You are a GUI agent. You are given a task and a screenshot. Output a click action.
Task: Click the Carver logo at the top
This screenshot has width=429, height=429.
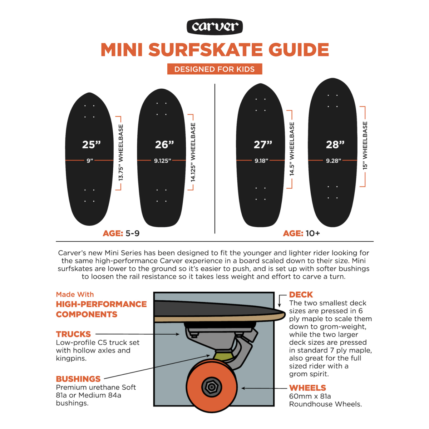(x=214, y=27)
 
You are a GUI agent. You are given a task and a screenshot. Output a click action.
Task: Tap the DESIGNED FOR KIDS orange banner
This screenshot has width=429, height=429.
(x=214, y=69)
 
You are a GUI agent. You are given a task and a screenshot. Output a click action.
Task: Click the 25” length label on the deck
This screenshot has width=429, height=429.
(x=91, y=144)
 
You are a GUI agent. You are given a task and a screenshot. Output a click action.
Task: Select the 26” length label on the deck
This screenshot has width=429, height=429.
(x=164, y=144)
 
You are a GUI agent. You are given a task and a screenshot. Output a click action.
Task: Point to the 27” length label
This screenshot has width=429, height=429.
(x=263, y=144)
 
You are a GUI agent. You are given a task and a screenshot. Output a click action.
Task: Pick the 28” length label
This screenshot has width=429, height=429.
(x=335, y=144)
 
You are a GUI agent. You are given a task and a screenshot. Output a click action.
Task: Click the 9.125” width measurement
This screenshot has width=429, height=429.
(x=162, y=161)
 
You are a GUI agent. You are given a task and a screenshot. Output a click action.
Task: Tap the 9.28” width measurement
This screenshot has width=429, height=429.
(x=333, y=161)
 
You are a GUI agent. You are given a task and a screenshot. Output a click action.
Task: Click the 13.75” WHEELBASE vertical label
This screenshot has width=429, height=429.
(x=121, y=153)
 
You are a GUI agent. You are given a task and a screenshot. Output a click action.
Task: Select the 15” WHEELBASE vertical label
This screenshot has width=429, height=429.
(x=365, y=146)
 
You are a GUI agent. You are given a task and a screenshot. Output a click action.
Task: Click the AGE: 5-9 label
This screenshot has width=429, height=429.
(x=121, y=233)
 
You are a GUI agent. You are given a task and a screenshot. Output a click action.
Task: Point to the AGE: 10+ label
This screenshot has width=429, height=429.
(x=301, y=233)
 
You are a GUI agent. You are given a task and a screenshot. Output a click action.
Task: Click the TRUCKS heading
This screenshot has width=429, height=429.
(x=73, y=334)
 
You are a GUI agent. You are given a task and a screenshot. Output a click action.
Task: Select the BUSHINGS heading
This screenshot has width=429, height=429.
(x=78, y=379)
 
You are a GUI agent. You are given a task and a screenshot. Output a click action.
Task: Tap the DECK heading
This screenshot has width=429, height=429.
(x=301, y=295)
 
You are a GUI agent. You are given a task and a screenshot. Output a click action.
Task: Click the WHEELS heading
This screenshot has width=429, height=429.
(x=307, y=388)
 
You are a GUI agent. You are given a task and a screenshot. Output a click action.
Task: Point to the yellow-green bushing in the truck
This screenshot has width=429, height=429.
(x=222, y=356)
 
